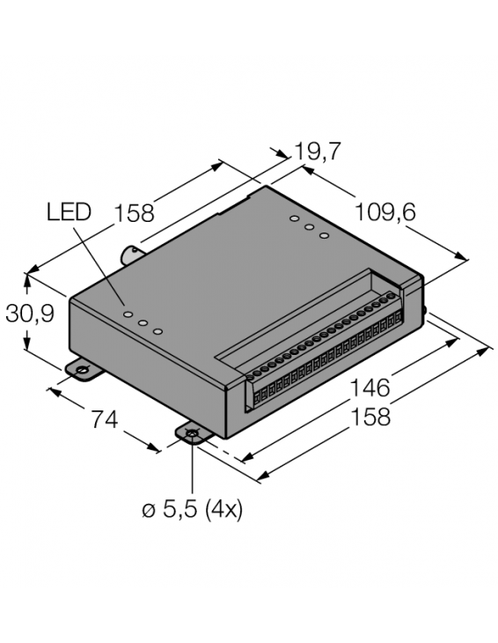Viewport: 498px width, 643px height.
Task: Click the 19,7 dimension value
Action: click(318, 152)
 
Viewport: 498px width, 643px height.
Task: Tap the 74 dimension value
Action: click(104, 421)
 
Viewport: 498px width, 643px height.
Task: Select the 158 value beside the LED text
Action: click(134, 213)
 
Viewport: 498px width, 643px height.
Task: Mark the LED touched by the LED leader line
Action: click(128, 313)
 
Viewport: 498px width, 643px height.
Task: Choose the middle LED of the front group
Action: click(143, 322)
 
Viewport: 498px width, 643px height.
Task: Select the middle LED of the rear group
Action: click(309, 227)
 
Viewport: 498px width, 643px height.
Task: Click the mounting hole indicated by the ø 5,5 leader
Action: click(193, 433)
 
